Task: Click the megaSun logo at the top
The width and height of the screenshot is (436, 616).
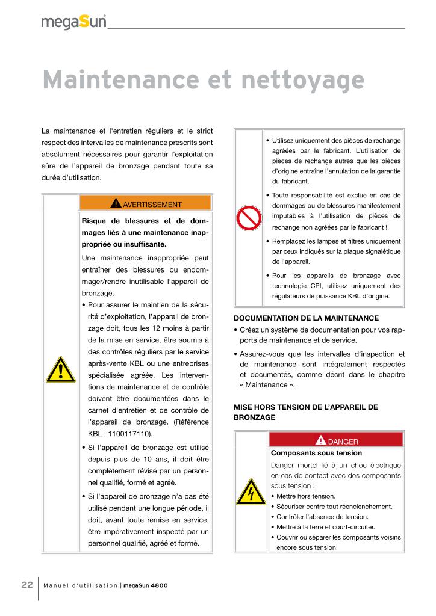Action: pyautogui.click(x=73, y=22)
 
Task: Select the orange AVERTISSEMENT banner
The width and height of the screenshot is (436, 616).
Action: pyautogui.click(x=145, y=203)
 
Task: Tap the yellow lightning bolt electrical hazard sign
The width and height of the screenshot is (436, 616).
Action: pyautogui.click(x=249, y=492)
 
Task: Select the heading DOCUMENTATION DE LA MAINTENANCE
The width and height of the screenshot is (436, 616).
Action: pyautogui.click(x=306, y=318)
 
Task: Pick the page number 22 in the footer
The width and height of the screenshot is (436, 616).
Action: pyautogui.click(x=27, y=585)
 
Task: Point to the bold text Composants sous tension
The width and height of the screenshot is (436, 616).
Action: pyautogui.click(x=317, y=453)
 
